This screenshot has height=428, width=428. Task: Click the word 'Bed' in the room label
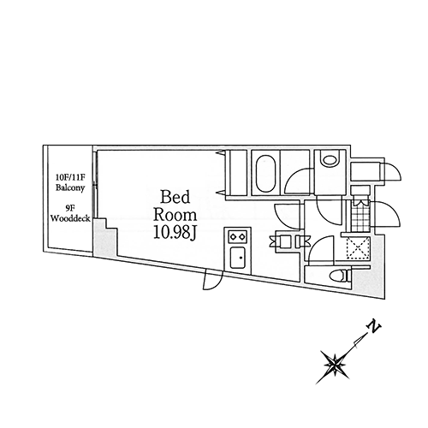[x=175, y=197]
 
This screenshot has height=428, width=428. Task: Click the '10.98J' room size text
[x=175, y=233]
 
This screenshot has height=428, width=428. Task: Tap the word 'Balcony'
[x=70, y=188]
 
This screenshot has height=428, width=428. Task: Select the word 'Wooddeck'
[x=70, y=218]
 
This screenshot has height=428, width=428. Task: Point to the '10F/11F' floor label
[x=70, y=177]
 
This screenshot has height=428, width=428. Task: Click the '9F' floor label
[x=70, y=208]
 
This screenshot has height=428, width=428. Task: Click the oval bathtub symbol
[x=266, y=174]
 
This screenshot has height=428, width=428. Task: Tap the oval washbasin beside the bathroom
[x=330, y=160]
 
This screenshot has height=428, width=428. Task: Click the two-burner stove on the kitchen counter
[x=237, y=236]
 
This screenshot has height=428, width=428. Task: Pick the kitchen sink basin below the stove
[x=238, y=258]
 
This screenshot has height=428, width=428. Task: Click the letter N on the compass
[x=374, y=328]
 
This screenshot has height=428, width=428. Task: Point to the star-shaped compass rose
[x=333, y=365]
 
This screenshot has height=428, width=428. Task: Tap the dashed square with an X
[x=358, y=248]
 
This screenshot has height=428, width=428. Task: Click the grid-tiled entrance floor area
[x=359, y=217]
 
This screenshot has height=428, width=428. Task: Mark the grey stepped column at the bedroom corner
[x=104, y=239]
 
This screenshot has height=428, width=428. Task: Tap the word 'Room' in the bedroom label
[x=175, y=215]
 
